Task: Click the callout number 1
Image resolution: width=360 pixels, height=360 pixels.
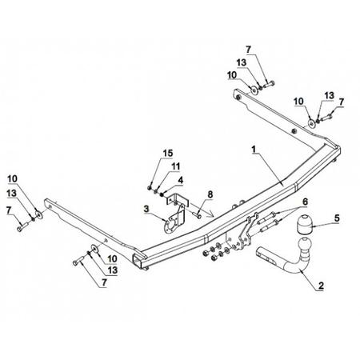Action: click(254, 150)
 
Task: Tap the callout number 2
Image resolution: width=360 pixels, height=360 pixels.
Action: click(321, 286)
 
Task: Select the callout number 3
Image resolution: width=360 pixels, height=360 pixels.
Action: click(146, 209)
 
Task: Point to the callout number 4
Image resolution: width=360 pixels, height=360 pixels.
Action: click(181, 180)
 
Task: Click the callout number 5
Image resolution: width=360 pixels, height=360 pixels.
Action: click(337, 218)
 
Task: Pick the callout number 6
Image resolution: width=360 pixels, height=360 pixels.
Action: click(305, 202)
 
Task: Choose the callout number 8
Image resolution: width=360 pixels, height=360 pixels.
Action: click(210, 194)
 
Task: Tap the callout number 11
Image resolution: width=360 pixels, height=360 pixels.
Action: click(175, 166)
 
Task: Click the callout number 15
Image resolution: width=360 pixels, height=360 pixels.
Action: click(168, 153)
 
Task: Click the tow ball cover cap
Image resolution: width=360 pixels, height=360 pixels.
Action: click(303, 224)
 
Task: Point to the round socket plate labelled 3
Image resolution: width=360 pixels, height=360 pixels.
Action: click(170, 226)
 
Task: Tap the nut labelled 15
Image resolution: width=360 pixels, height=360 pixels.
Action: click(150, 188)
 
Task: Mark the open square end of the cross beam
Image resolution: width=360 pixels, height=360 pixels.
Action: click(138, 260)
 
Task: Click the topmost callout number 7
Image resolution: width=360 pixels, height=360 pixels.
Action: click(248, 50)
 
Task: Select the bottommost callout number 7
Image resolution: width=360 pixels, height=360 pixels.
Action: click(104, 282)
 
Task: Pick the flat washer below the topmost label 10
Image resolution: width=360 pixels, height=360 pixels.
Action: click(254, 90)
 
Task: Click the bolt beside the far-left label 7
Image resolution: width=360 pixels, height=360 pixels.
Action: click(22, 226)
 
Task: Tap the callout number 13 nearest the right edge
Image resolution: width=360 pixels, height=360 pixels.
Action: click(329, 95)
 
